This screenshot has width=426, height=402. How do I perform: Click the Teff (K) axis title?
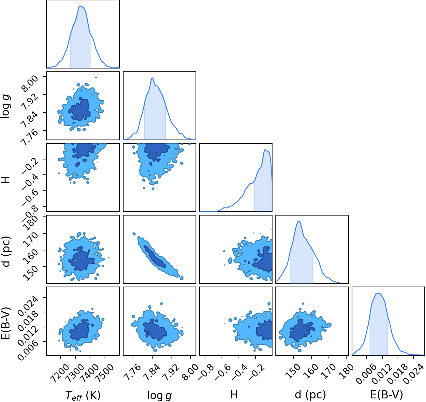[x=83, y=395]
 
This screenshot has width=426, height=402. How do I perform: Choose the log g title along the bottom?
[x=160, y=395]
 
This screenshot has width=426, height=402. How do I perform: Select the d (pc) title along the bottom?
[x=310, y=395]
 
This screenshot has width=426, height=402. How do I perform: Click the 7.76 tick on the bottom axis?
[x=132, y=373]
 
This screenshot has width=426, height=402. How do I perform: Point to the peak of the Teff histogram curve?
[x=80, y=6]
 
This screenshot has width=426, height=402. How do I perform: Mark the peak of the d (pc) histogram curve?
[x=299, y=221]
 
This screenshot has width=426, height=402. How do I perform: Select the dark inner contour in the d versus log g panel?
[x=155, y=257]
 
